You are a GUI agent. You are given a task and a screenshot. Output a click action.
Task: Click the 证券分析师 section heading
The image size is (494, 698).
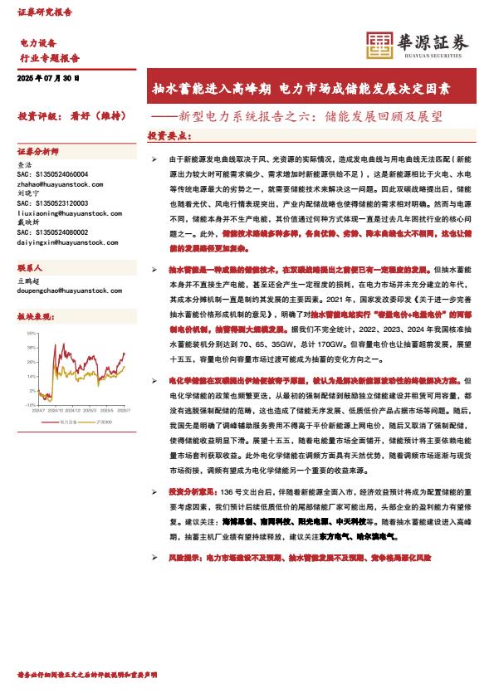click(x=38, y=152)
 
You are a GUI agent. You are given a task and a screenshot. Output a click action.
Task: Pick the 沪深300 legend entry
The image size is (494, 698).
click(x=108, y=422)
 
